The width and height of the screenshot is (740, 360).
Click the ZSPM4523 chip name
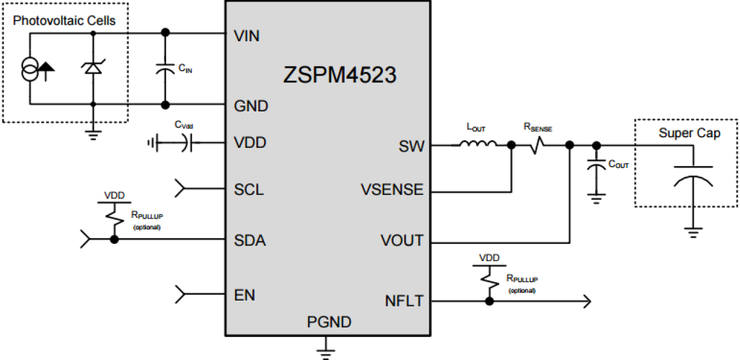pos(340,76)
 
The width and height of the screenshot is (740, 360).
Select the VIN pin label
pos(246,37)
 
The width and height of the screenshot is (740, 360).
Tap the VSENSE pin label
pos(392,190)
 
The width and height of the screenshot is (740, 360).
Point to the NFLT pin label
pos(404,301)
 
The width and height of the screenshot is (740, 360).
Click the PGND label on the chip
pos(329,322)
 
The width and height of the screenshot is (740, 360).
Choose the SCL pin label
pos(249,190)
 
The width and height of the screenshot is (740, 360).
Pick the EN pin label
pos(245,295)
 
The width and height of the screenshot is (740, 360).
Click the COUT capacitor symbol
pos(596,168)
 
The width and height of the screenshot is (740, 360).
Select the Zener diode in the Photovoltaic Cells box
pos(92,68)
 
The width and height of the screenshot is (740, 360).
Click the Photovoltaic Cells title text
pos(64,21)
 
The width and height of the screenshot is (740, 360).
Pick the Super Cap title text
pos(689,134)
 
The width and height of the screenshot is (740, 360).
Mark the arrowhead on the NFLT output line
pos(586,302)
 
